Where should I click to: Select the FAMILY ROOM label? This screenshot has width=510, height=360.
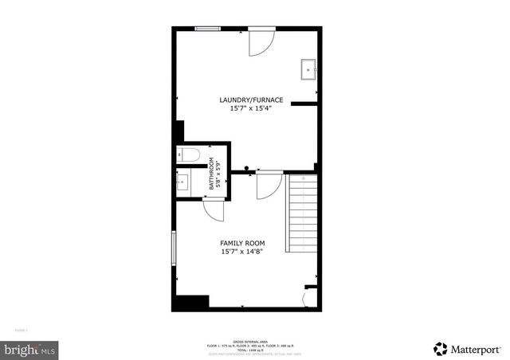242,243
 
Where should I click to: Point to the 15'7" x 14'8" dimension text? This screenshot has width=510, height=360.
242,252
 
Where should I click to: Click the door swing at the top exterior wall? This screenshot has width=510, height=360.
261,43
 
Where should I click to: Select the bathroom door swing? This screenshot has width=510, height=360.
214,209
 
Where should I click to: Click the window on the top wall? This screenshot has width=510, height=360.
209,29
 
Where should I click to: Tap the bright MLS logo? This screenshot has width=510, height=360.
30,349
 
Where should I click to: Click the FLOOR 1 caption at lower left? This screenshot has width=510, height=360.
22,330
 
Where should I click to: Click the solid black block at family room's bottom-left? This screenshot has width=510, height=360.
191,303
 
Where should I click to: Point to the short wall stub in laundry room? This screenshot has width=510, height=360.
304,103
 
